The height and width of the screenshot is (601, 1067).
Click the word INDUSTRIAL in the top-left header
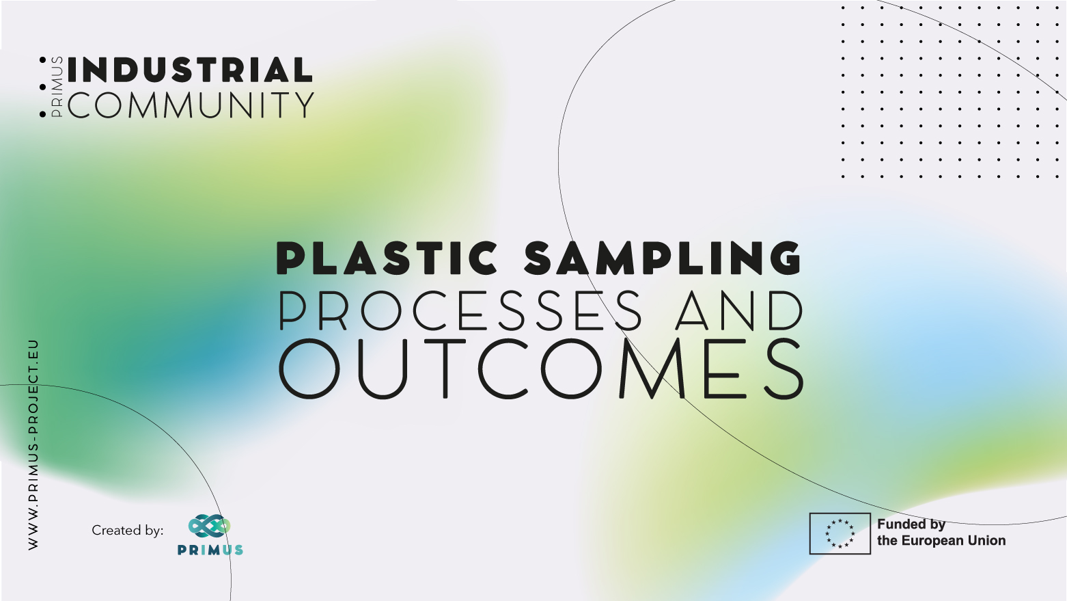(190, 70)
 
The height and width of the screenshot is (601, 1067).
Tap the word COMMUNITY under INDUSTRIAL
(191, 105)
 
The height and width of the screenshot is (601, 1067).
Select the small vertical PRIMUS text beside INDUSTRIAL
(57, 87)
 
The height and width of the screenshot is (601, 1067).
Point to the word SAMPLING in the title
(663, 258)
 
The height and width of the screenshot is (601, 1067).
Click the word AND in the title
(739, 310)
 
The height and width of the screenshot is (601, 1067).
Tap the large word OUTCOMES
(540, 369)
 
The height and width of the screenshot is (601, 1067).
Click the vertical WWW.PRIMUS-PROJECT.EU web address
(33, 444)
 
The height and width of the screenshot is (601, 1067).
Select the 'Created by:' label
(127, 530)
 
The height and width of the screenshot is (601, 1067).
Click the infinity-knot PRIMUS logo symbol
(209, 526)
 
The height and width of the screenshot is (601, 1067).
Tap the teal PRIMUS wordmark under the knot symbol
(210, 550)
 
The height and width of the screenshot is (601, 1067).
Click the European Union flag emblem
(840, 533)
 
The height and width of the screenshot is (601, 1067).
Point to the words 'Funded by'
(911, 524)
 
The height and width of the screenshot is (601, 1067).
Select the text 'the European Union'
(941, 540)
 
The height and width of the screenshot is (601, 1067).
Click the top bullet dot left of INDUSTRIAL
(42, 60)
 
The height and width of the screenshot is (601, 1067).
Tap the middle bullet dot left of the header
(42, 88)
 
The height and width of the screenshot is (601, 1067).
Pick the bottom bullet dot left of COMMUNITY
(42, 114)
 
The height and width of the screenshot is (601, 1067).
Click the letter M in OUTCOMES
(652, 369)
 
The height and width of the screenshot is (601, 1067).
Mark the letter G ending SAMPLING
(783, 258)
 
